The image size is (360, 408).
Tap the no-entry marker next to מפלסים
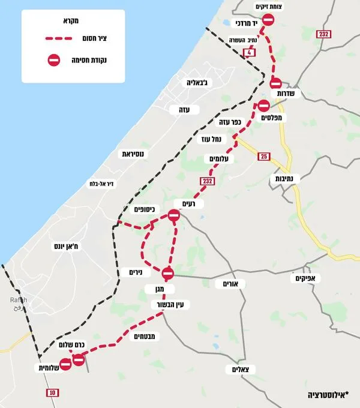coord(263,106)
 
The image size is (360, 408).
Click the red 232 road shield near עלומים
coord(208,181)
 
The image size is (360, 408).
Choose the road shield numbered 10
coord(52,392)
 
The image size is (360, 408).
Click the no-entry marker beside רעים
coord(174,216)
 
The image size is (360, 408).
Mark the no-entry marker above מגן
coord(167,273)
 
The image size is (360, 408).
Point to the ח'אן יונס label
coord(67,246)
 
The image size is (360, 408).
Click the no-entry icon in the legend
coord(54,60)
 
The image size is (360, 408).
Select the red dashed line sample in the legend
coord(64,39)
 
